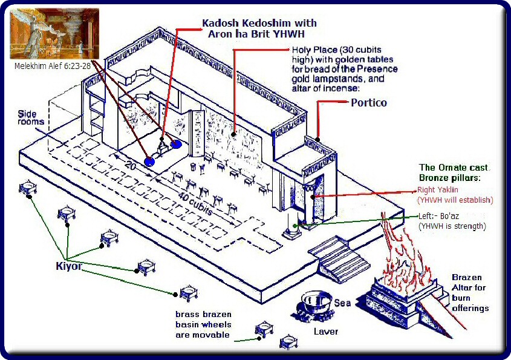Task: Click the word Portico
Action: click(x=369, y=103)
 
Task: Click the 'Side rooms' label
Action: click(x=31, y=117)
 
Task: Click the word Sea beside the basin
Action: click(x=342, y=303)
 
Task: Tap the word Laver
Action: click(x=326, y=332)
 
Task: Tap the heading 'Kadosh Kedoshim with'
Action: click(x=259, y=23)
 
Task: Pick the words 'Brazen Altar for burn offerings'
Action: click(x=470, y=293)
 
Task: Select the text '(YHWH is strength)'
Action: click(x=452, y=226)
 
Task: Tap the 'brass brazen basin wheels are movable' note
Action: click(x=203, y=325)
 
